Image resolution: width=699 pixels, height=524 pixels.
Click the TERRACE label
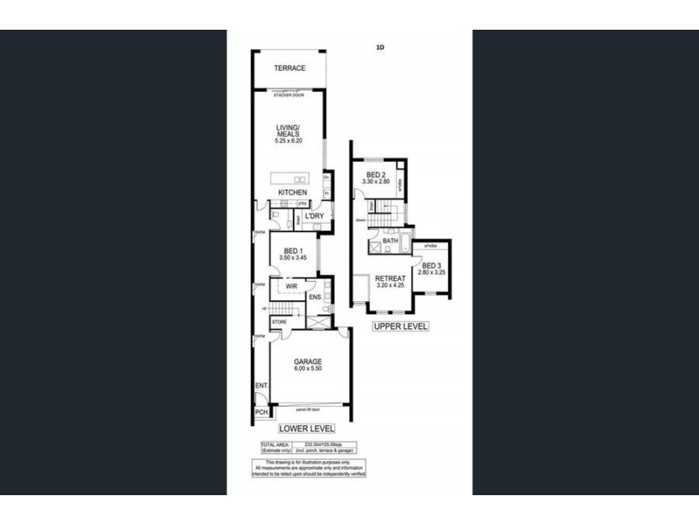(x=289, y=68)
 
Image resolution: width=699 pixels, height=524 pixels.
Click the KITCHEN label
(x=292, y=192)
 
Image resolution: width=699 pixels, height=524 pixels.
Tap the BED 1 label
(x=289, y=252)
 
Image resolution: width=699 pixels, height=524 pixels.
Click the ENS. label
(x=315, y=298)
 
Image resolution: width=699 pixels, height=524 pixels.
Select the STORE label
(x=279, y=321)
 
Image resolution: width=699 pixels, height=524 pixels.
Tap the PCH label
(x=260, y=412)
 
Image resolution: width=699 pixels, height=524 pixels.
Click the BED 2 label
(x=377, y=176)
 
